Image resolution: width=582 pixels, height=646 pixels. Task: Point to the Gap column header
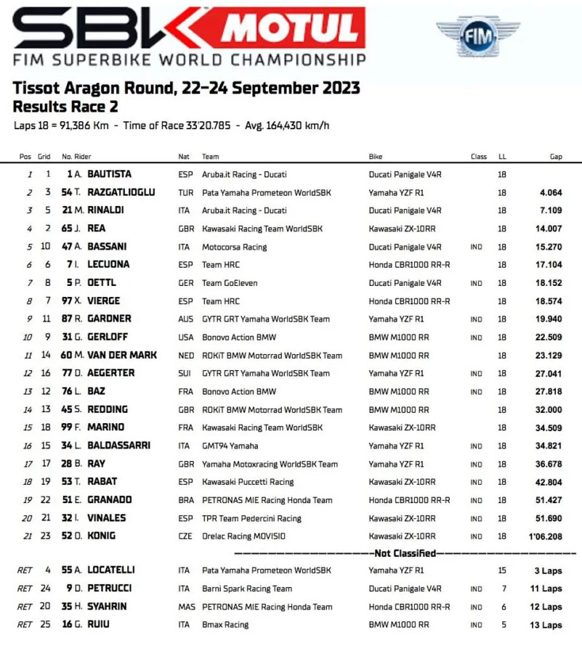coord(556,157)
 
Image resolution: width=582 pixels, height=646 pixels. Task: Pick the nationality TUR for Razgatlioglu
coord(185,192)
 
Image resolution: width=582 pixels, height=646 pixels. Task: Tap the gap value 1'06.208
coord(544,536)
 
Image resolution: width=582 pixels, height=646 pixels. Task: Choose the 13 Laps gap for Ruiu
coord(546,624)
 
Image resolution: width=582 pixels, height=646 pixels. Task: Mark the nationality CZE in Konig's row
coord(185,536)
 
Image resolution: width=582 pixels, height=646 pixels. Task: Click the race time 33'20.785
coord(204,126)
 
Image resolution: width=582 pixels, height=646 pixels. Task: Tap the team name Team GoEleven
coord(230,283)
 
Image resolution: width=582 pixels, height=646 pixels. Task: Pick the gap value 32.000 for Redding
coord(548,409)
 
